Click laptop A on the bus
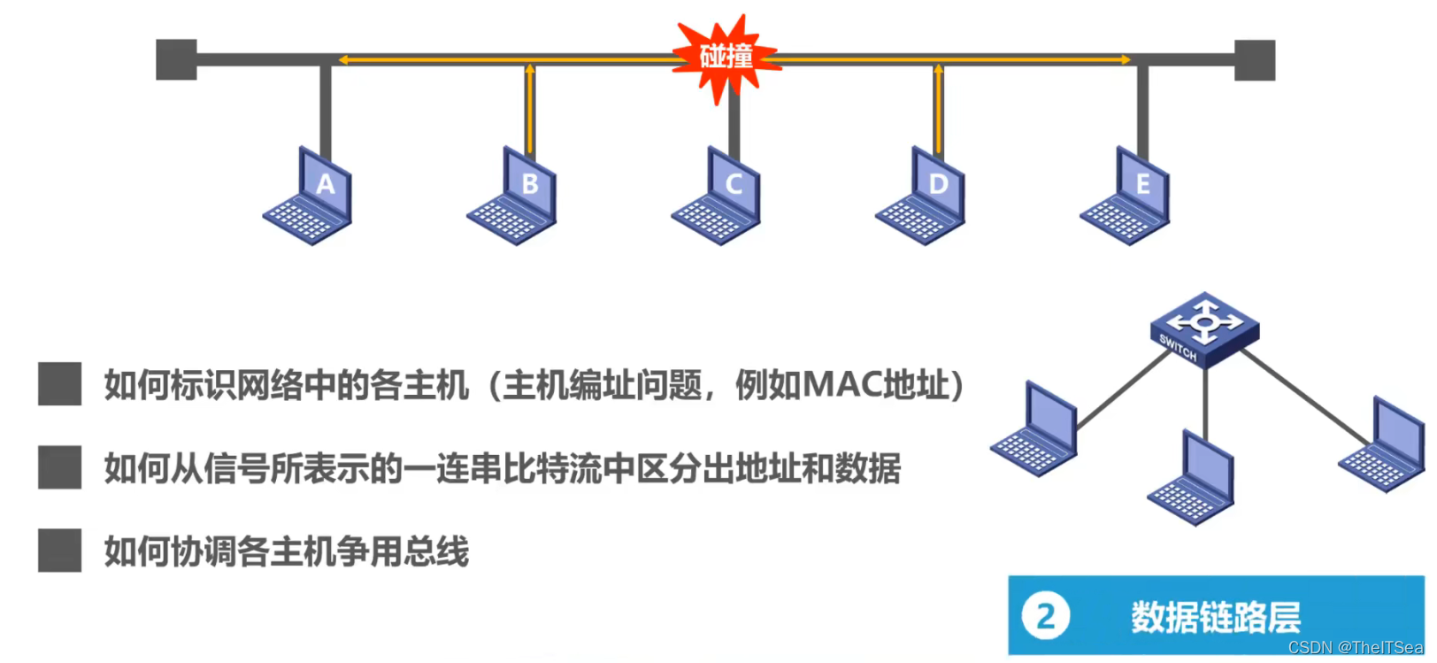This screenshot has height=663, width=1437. [310, 199]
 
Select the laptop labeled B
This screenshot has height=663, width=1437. [514, 199]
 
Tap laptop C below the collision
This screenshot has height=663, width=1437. [718, 199]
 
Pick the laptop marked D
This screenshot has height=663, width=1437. [923, 199]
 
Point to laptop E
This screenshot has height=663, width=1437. [1127, 199]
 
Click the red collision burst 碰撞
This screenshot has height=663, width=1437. [726, 58]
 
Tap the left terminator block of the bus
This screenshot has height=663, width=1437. [176, 59]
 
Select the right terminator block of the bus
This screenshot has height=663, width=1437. [1255, 59]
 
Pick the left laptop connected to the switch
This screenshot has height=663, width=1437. [1036, 431]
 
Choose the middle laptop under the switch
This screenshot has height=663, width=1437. [1193, 481]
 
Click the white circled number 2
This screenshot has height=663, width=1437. [1045, 616]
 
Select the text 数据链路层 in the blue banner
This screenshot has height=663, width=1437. [1215, 617]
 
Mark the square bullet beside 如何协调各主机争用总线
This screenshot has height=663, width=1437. [59, 551]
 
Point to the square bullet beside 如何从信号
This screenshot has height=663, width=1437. [59, 467]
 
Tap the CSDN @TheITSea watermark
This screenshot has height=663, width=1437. [1355, 648]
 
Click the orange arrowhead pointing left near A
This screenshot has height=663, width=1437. [343, 59]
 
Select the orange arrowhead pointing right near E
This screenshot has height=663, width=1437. [1126, 59]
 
